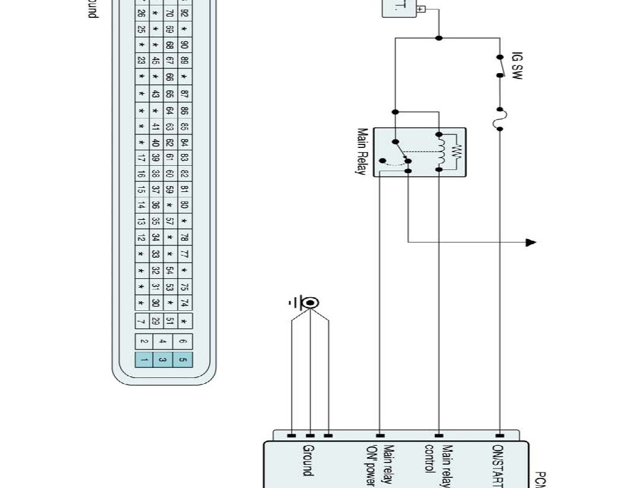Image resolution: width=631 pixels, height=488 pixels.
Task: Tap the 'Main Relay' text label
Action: [x=362, y=151]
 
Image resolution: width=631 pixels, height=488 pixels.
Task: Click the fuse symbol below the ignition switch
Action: [x=500, y=119]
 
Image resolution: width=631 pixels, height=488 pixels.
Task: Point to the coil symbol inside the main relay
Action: [x=441, y=152]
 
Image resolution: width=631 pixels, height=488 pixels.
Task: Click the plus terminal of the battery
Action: [x=421, y=10]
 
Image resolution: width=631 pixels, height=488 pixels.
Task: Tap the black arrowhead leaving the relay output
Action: [x=531, y=242]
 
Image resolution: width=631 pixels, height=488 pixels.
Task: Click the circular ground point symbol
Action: [x=310, y=303]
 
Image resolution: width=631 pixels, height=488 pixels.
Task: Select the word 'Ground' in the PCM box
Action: [x=308, y=460]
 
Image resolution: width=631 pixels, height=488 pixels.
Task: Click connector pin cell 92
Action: [x=184, y=12]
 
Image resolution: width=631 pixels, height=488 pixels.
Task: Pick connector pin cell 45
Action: [x=156, y=60]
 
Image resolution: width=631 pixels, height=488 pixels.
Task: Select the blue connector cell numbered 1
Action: [x=143, y=359]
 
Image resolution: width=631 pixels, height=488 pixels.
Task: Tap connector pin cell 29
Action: [x=156, y=322]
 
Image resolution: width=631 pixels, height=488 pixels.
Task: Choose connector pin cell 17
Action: [x=141, y=159]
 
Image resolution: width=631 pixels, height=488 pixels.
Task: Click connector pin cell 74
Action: [x=184, y=303]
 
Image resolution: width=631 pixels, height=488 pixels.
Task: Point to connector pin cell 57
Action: [x=170, y=221]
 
